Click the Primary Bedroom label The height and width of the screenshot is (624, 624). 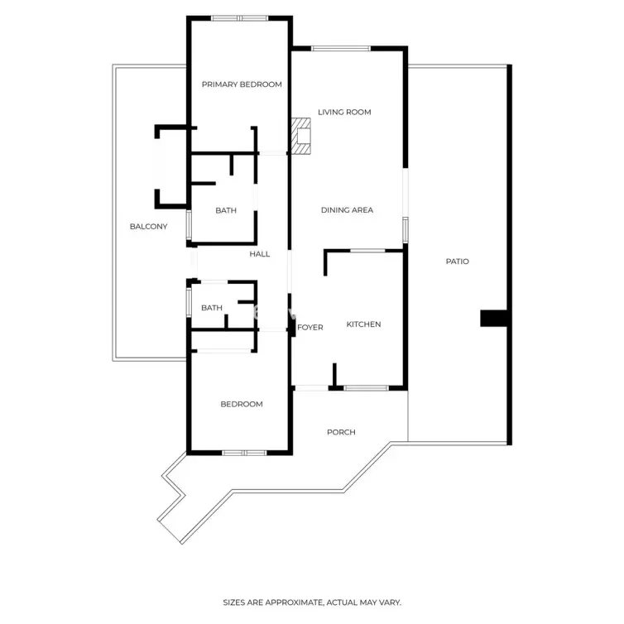(242, 84)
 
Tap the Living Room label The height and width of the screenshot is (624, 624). (344, 113)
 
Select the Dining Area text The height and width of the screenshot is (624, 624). (347, 209)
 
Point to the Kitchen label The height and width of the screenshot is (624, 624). (363, 324)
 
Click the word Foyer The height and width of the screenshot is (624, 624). (310, 328)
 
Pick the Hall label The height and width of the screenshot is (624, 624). (260, 254)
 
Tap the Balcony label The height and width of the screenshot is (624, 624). (148, 227)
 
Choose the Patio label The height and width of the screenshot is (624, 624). (458, 262)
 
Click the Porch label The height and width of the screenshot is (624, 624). (341, 432)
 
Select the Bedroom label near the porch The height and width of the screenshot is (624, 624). (242, 405)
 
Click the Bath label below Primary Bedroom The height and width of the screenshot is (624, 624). (226, 210)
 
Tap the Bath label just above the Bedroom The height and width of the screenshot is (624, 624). (212, 308)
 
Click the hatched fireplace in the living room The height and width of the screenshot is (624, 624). (301, 136)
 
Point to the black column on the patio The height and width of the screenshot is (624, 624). (493, 319)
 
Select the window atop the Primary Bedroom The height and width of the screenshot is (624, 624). (239, 18)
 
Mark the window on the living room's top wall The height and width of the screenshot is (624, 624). (341, 49)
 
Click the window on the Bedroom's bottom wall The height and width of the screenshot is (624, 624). (244, 453)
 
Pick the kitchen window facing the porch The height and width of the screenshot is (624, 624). (366, 388)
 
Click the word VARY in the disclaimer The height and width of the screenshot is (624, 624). (391, 602)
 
